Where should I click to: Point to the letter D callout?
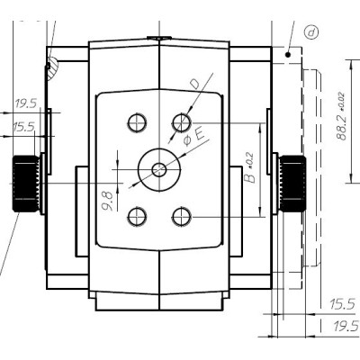(193, 85)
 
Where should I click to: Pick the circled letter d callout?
(311, 32)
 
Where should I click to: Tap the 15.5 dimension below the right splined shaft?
(343, 304)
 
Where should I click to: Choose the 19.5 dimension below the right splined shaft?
(343, 325)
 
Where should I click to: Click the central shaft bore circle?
(159, 167)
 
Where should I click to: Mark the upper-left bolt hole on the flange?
(137, 121)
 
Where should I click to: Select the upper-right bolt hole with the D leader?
(183, 121)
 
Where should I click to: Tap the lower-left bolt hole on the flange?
(137, 214)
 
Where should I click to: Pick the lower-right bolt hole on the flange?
(183, 214)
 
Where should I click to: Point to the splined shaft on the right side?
(292, 183)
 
